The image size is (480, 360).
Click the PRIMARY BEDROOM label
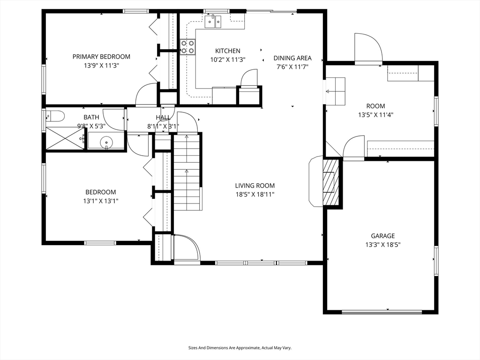tap(101, 57)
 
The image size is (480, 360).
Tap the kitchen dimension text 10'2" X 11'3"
tap(228, 60)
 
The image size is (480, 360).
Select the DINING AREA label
tap(292, 58)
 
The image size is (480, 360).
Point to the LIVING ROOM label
tap(255, 186)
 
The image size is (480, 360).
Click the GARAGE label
tap(382, 236)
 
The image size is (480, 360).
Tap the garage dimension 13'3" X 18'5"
tap(382, 245)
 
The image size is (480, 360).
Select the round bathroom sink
tap(106, 142)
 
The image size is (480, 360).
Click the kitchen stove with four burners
tap(187, 47)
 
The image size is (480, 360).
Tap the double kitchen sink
tap(213, 21)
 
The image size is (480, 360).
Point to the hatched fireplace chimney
tap(331, 182)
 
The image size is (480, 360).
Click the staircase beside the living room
tap(187, 172)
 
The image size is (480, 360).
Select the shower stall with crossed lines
tap(65, 139)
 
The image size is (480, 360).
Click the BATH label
tap(91, 117)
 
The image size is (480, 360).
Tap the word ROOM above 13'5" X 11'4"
tap(375, 106)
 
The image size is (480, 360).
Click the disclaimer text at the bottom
tap(240, 348)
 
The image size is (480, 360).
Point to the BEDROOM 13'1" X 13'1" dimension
tap(101, 201)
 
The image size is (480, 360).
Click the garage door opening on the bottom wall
tap(382, 312)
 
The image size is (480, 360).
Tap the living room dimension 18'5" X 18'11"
tap(255, 195)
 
